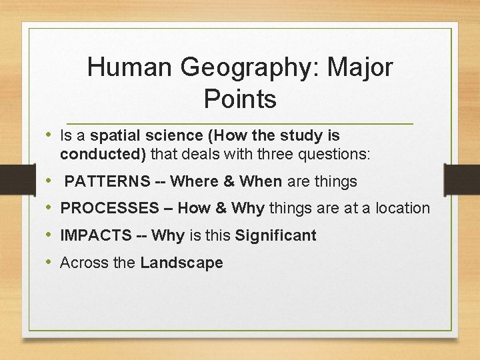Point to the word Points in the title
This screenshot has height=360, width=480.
pos(240,99)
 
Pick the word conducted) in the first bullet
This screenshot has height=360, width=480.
pos(103,155)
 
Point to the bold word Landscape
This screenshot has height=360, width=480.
pos(181,263)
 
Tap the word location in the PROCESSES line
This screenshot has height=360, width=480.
pos(402,209)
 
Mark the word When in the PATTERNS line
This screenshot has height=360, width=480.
pos(261,181)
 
